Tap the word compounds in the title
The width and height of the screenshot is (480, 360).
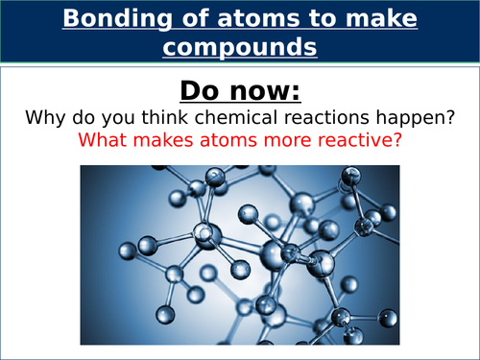239,46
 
